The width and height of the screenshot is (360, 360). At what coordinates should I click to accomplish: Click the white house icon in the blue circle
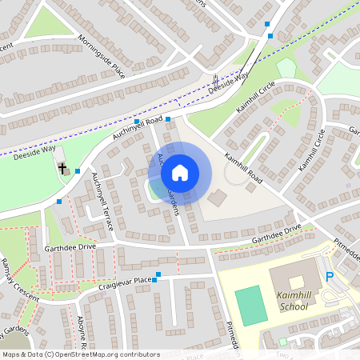tap(180, 172)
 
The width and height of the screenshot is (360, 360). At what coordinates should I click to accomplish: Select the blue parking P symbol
tap(330, 277)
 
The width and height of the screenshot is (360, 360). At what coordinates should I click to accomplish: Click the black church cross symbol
tap(62, 169)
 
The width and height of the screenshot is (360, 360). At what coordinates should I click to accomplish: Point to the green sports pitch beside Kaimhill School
tap(253, 306)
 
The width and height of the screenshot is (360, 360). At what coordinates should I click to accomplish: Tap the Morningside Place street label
tap(103, 54)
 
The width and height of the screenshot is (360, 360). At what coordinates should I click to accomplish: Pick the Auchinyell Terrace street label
tap(103, 196)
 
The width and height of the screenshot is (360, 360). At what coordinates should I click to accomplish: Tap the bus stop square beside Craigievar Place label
tap(158, 275)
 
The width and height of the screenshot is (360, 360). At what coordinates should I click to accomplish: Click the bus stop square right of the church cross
tap(78, 170)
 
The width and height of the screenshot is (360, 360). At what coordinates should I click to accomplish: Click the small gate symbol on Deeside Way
tap(217, 78)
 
